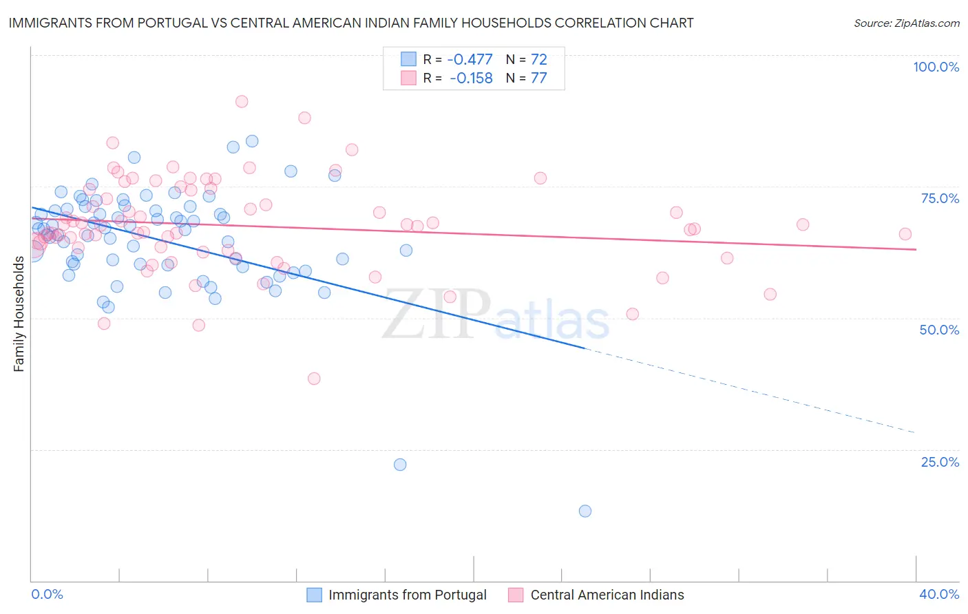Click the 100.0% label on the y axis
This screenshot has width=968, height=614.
click(936, 67)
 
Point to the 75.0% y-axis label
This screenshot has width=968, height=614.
click(940, 198)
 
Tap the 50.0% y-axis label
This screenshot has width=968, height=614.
click(939, 330)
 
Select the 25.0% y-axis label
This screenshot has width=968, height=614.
click(940, 462)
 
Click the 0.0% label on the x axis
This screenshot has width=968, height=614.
click(47, 594)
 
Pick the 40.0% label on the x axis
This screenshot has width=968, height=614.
click(939, 594)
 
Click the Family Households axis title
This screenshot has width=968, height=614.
click(19, 314)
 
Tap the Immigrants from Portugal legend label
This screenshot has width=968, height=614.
click(407, 595)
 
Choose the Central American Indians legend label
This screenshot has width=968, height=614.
click(607, 595)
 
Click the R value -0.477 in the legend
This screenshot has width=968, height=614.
click(470, 60)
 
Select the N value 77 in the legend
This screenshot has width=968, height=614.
click(538, 78)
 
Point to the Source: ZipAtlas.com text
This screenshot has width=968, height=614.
click(906, 23)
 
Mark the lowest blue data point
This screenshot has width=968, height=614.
click(585, 511)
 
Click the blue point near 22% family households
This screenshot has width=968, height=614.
click(400, 465)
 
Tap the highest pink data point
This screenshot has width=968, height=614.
click(242, 101)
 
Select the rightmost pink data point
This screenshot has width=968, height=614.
click(905, 234)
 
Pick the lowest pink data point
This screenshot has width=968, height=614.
click(314, 379)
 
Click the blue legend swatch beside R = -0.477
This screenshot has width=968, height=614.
click(409, 60)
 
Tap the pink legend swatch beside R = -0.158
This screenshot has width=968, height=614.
click(409, 78)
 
